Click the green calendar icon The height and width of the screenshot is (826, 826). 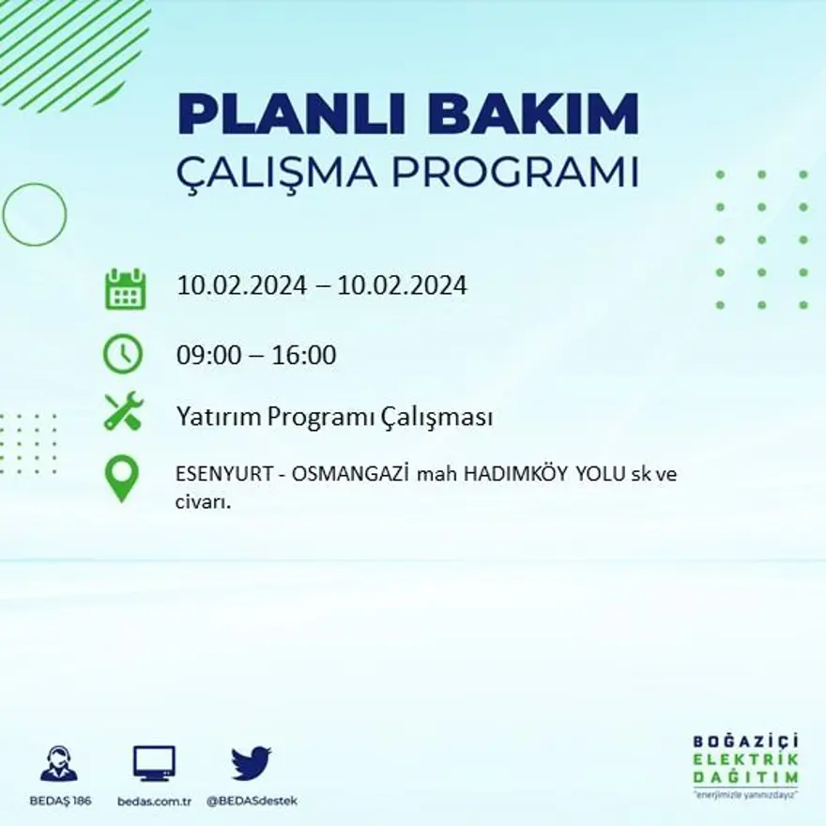[x=124, y=289]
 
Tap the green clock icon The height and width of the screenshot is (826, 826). [x=123, y=355]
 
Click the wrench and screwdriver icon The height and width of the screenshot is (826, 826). [x=123, y=411]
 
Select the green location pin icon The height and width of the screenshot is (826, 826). [x=121, y=478]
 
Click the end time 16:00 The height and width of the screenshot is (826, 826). [x=304, y=357]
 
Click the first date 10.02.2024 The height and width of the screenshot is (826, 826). [x=241, y=285]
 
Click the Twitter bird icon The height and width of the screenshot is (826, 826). [x=251, y=763]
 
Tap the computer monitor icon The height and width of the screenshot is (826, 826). [x=154, y=763]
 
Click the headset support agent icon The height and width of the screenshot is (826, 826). [x=58, y=763]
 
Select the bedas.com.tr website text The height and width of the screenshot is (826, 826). [x=155, y=801]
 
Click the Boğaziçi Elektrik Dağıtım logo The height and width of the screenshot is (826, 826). [x=745, y=764]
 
